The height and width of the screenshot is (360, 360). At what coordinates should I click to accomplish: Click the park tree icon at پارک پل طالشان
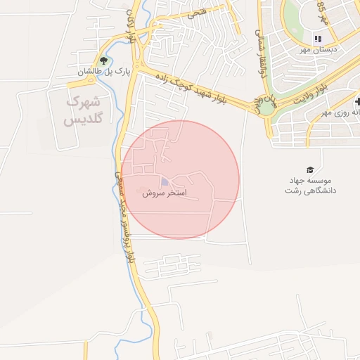pos(104,60)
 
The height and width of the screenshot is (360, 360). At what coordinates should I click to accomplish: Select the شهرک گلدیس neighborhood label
pos(84,110)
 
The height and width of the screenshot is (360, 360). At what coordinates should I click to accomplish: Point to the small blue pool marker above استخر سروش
pos(165,182)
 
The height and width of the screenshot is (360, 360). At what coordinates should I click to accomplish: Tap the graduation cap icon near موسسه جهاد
pos(309,169)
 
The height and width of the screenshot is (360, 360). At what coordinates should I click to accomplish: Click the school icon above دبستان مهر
pos(318,39)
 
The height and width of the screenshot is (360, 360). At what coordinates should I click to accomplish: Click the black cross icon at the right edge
pos(357,102)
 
